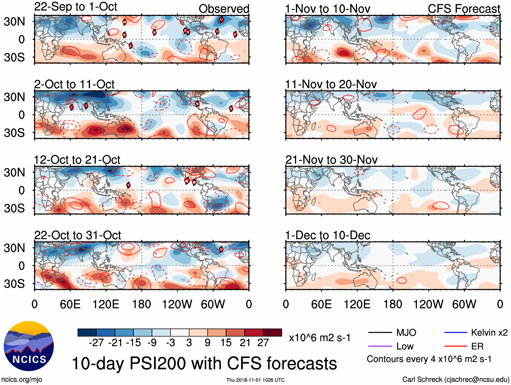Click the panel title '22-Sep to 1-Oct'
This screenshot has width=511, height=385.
(x=75, y=6)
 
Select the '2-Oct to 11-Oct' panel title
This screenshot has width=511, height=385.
(x=74, y=84)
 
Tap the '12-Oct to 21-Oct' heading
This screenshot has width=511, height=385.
(x=77, y=159)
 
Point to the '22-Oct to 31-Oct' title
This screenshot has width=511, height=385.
(x=77, y=235)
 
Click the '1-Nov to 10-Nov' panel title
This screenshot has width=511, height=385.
(x=327, y=9)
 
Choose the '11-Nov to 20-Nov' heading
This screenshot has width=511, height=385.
(x=331, y=84)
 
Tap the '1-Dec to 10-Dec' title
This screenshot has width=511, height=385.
(x=327, y=235)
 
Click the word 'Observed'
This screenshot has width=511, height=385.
(x=224, y=9)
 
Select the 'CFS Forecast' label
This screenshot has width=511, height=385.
(x=464, y=9)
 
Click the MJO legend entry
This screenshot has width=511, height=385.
(x=406, y=333)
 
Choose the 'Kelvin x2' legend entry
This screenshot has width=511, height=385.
(x=489, y=333)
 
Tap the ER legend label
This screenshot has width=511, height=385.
(x=477, y=346)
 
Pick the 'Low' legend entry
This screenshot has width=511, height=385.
(x=405, y=346)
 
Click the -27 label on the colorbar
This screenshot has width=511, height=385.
(x=96, y=343)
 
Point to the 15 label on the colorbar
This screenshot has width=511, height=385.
(x=226, y=343)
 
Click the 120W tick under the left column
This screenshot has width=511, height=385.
(x=177, y=304)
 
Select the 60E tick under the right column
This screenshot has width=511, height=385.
(x=321, y=304)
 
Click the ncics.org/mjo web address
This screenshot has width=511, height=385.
(x=22, y=379)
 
